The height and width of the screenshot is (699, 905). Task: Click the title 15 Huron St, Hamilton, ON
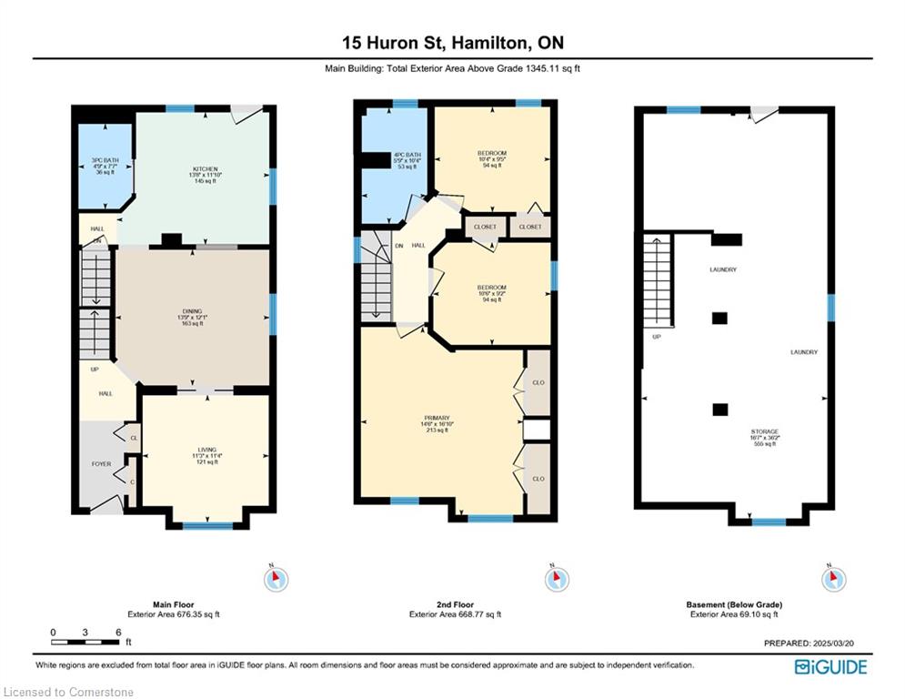click(452, 43)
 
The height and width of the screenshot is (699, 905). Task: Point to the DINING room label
click(191, 311)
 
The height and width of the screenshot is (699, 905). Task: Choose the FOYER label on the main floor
click(101, 464)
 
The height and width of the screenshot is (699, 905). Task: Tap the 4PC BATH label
click(406, 155)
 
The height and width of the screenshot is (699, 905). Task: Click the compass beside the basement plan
click(833, 578)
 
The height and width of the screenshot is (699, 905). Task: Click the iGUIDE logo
click(830, 667)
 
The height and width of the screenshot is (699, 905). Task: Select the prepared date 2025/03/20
click(814, 643)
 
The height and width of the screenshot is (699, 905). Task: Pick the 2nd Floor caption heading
click(454, 604)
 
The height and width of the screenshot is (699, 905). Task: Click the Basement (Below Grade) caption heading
click(734, 604)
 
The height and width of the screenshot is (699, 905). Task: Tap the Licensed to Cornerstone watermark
click(69, 693)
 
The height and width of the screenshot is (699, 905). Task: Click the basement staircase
click(659, 281)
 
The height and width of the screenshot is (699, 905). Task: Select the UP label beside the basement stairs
click(655, 337)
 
